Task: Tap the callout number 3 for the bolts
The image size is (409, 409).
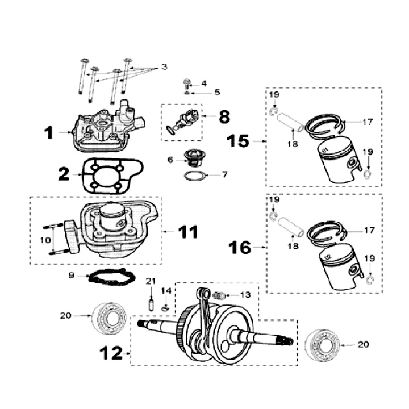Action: pos(164,67)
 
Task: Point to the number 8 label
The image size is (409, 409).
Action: pos(224,118)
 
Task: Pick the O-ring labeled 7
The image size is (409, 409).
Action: pos(193,175)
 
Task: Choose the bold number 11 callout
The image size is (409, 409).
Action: pos(187,232)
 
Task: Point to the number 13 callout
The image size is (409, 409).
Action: pos(245,294)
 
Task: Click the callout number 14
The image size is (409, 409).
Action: pos(165,290)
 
